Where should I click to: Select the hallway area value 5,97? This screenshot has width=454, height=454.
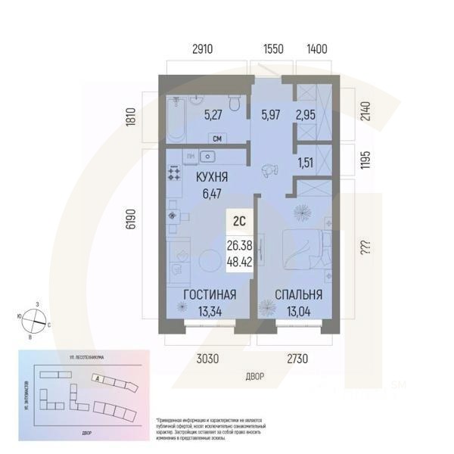[270, 116]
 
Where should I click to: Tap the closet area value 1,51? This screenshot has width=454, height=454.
[306, 160]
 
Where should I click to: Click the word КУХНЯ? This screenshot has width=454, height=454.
[213, 177]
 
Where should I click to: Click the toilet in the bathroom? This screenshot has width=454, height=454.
[235, 104]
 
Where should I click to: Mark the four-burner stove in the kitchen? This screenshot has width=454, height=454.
[173, 175]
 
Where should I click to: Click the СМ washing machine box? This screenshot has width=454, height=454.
[217, 138]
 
